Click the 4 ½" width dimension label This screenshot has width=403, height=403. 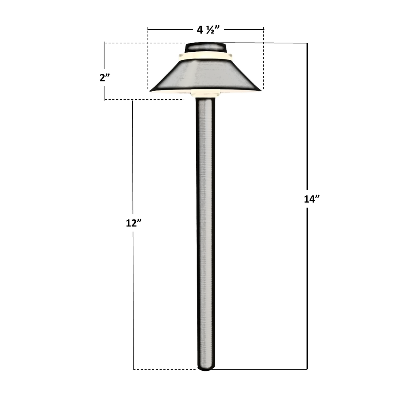click(x=205, y=29)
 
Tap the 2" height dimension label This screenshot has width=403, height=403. click(x=105, y=77)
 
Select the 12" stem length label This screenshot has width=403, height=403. click(x=133, y=223)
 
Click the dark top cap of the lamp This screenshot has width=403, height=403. click(x=205, y=47)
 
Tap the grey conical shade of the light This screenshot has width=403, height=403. click(x=205, y=75)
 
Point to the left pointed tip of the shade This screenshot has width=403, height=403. click(x=152, y=90)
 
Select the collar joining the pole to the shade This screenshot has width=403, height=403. click(x=205, y=95)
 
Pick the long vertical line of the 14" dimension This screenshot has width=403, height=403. click(x=307, y=122)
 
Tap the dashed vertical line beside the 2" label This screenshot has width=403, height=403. click(x=105, y=57)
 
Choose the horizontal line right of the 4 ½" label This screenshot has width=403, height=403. click(x=244, y=29)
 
